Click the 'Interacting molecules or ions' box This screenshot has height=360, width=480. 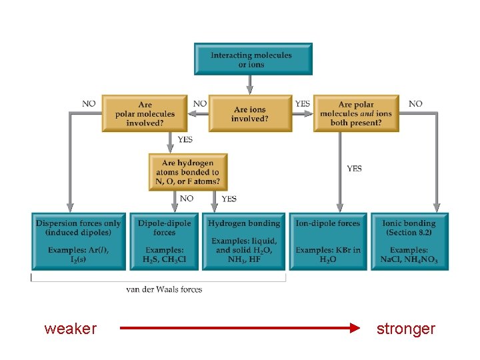tap(253, 59)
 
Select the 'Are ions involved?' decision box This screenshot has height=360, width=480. tap(250, 113)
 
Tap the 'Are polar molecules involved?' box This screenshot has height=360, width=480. tap(145, 113)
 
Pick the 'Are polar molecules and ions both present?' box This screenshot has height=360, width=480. tap(355, 113)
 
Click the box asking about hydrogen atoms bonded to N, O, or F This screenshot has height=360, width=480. tap(188, 172)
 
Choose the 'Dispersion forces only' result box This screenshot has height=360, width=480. tap(79, 241)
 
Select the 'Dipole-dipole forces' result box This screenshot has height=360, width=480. tap(164, 241)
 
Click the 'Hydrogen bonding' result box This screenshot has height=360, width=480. tap(243, 241)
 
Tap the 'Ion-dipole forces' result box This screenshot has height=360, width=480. tap(327, 241)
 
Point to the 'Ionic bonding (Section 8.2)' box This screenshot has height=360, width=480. tap(409, 241)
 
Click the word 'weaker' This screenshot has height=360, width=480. tap(71, 329)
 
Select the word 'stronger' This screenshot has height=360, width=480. tap(405, 329)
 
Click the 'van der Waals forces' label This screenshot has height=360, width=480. tap(164, 289)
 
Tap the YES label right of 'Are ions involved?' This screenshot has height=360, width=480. tap(302, 104)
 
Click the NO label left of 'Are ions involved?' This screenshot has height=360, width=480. tap(199, 104)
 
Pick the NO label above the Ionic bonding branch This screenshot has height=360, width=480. tap(415, 104)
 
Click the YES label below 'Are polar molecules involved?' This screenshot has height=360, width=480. tap(185, 140)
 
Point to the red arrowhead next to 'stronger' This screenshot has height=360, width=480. tap(354, 328)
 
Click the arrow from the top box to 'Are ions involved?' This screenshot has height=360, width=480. tap(249, 84)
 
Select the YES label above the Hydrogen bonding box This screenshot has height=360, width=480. tap(229, 199)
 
